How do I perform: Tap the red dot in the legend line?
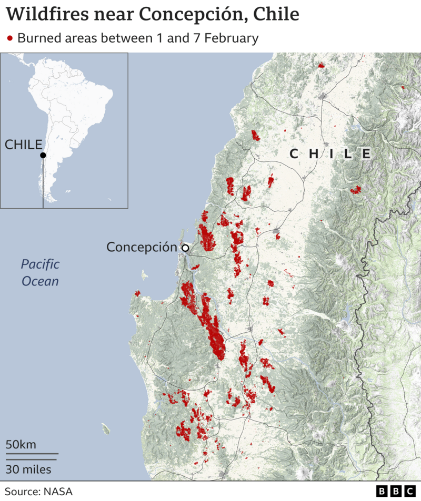[10, 38]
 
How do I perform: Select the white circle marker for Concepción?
[185, 248]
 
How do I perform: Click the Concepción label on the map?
[142, 247]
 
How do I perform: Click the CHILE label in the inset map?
[24, 145]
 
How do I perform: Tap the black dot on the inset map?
[43, 155]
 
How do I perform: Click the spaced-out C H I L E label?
[330, 154]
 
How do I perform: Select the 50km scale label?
[21, 445]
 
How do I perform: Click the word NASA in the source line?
[58, 492]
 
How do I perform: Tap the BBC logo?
[396, 492]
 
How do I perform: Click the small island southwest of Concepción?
[144, 275]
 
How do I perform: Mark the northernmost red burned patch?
[321, 66]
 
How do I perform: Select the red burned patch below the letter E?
[356, 189]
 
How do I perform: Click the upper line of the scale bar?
[32, 453]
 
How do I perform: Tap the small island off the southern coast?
[106, 429]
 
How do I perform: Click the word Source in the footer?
[22, 492]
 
